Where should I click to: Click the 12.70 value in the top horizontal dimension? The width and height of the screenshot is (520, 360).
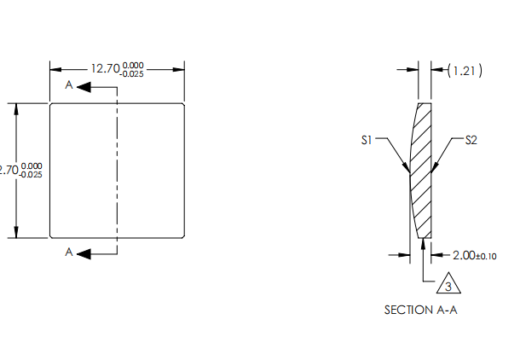106,69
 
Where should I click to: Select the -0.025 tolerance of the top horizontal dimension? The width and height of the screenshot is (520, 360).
133,74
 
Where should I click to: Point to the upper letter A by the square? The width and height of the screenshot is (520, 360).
69,86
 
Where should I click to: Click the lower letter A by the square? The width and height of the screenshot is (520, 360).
69,253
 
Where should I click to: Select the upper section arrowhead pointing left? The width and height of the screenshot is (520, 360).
84,86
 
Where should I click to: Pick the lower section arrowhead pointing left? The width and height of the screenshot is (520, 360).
84,253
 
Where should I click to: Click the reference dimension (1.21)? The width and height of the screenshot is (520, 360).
465,71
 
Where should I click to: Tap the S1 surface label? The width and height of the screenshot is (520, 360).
367,139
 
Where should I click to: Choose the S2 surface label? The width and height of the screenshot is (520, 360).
471,139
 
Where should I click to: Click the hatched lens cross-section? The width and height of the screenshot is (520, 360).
422,171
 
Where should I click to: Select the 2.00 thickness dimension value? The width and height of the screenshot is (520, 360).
464,254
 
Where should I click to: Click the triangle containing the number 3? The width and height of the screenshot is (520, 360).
448,284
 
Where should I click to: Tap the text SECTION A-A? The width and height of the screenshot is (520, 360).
420,310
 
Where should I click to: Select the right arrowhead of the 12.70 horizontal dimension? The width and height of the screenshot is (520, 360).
180,69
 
